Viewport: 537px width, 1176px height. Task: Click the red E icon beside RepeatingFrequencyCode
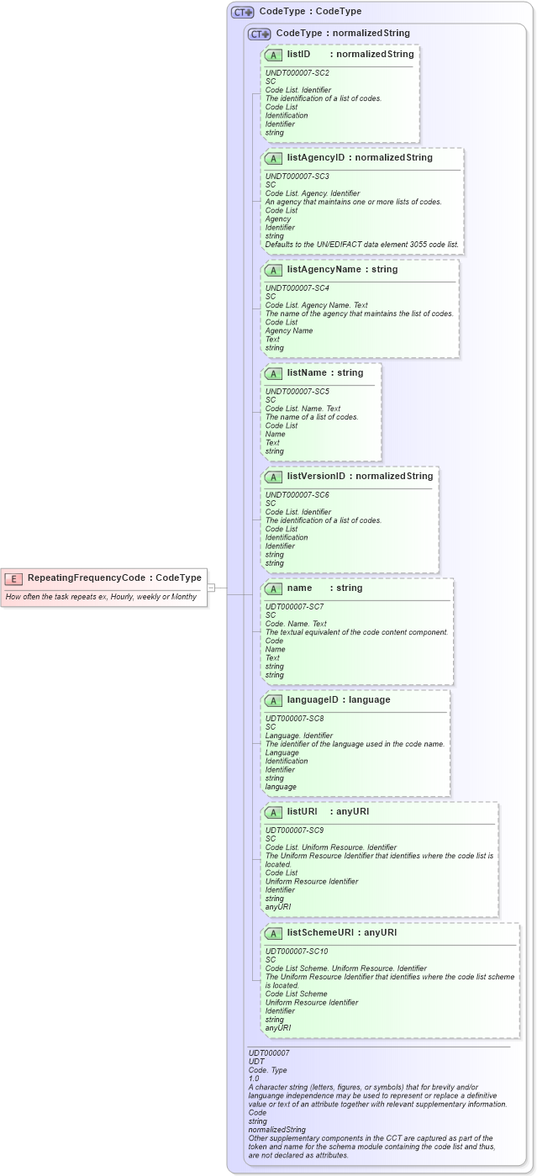13,578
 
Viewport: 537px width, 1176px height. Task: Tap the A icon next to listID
273,55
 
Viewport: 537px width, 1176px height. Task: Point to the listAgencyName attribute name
324,270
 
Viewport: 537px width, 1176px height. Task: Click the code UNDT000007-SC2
297,73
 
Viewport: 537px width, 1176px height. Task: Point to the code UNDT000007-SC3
297,177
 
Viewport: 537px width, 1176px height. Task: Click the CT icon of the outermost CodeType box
243,13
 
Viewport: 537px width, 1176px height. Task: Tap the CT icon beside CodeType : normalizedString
260,34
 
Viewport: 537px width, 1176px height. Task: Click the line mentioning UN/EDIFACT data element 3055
362,245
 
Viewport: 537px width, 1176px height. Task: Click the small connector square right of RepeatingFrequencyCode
212,588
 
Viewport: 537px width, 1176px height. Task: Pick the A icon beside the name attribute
273,588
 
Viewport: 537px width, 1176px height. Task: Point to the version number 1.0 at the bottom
254,1078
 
